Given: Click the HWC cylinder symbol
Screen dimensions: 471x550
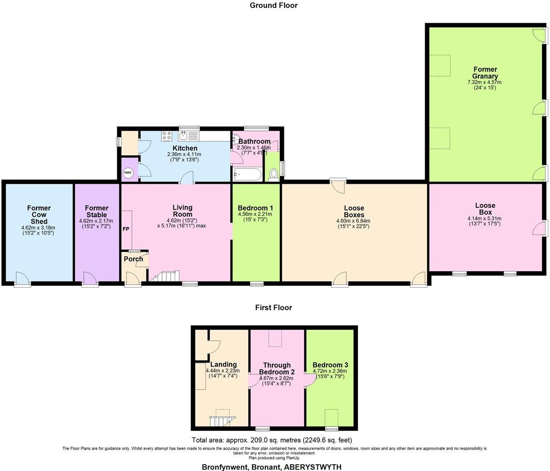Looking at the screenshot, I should pos(128,173).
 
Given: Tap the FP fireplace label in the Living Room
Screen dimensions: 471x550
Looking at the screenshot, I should pos(126,228).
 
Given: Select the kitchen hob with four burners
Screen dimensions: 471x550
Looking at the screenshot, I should pos(167,136).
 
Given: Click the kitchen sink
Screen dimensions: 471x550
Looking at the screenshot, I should pos(184,136).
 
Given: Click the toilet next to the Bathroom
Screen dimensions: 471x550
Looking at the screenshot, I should pos(274,174).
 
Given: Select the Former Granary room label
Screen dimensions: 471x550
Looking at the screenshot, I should pos(485,73).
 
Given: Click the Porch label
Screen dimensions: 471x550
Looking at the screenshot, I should pos(133,259).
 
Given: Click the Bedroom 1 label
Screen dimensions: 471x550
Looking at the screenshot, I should pos(255,208).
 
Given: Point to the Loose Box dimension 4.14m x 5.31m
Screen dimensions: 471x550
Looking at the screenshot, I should pos(484,219).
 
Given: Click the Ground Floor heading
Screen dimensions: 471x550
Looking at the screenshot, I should pos(273,5).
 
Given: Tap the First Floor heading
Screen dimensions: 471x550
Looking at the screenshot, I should pos(273,307).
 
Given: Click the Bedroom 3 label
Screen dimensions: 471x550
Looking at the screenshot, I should pos(330,365).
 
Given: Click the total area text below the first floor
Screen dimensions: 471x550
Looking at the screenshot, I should pos(272,440).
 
